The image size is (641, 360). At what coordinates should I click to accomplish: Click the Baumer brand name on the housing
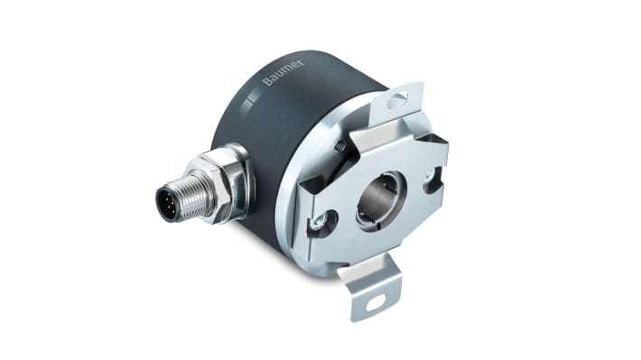(x=283, y=73)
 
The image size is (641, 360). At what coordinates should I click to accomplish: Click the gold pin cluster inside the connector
(x=168, y=203)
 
